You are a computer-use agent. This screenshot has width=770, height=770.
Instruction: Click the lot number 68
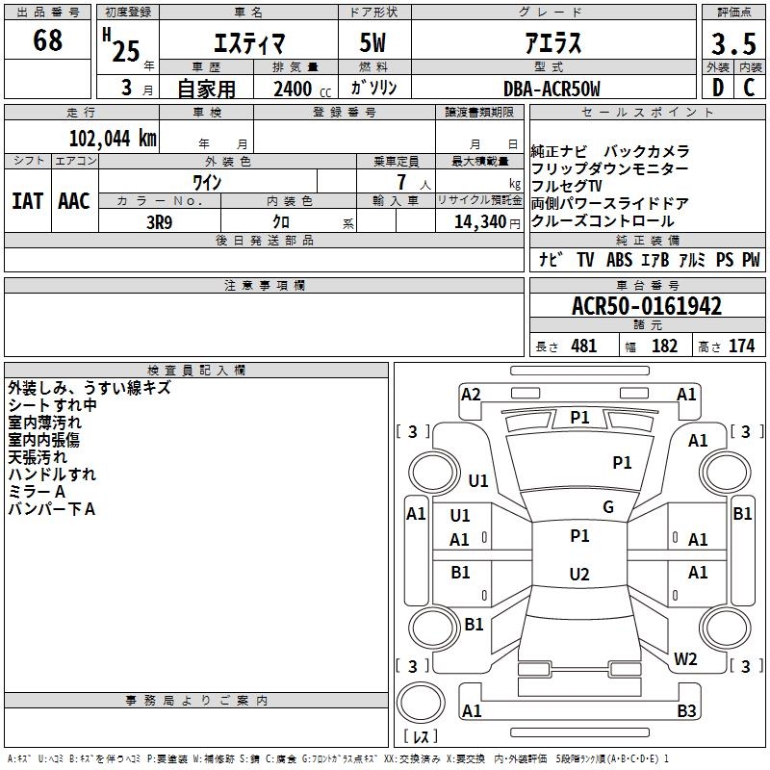(47, 39)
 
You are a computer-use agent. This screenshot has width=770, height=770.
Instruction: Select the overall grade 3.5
(733, 43)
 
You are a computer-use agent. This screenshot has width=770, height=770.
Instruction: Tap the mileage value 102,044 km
(113, 139)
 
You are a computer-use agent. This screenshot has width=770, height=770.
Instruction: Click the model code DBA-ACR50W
(552, 89)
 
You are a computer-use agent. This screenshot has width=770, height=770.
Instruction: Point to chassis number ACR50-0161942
(647, 306)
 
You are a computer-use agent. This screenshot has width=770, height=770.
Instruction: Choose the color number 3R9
(159, 222)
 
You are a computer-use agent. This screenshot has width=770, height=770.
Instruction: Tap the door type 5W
(372, 42)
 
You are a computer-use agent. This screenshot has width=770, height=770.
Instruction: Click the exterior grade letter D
(718, 88)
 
